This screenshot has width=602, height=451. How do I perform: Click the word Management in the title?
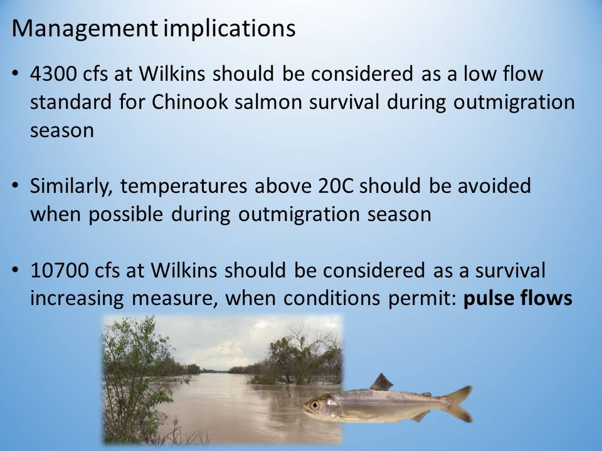coord(85,29)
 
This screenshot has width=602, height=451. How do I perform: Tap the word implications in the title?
coord(230,29)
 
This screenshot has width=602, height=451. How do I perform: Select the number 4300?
coord(53,74)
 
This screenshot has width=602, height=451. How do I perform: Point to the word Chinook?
coord(189,102)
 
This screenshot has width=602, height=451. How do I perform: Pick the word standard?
coord(71,102)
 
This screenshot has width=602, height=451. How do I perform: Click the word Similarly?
coord(71,187)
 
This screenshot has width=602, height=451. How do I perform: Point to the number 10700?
coord(59,271)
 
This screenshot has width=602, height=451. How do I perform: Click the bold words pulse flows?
coord(518,298)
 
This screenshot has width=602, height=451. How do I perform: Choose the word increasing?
coord(77,298)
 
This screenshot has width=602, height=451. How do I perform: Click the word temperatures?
coord(184,187)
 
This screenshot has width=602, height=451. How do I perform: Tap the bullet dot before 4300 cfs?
coord(15,73)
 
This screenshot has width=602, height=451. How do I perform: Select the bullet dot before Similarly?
coord(15,185)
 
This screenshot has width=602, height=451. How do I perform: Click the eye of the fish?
coord(315,405)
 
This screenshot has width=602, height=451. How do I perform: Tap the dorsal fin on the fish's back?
coord(381,382)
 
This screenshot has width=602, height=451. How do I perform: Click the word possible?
coord(126,214)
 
